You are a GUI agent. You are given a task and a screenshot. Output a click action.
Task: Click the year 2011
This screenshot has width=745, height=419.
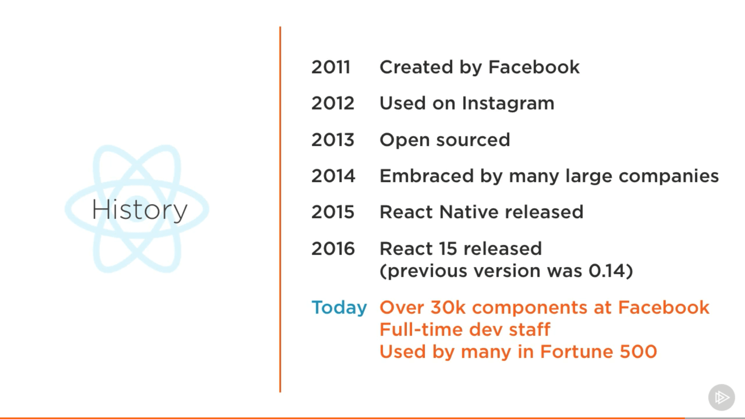point(331,67)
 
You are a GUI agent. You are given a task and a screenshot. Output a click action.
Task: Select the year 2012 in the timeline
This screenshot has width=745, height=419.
point(333,103)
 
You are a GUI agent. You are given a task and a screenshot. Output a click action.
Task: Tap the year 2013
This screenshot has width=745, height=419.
point(333,140)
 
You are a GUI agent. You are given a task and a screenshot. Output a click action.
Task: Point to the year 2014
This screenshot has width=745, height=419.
point(333,176)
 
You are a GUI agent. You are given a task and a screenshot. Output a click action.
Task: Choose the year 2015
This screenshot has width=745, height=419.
point(333,212)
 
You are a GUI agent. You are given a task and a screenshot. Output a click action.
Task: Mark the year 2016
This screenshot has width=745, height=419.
point(333,249)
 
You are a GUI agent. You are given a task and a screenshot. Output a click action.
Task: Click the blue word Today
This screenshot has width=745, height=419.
point(339,308)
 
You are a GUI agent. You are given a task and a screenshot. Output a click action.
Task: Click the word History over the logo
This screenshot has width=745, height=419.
point(139,210)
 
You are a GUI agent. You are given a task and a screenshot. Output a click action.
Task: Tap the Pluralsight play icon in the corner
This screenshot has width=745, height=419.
point(721,397)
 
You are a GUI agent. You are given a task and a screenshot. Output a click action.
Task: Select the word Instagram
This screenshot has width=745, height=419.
point(508,104)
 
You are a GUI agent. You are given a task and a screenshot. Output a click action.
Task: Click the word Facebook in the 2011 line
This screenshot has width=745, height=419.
point(534,67)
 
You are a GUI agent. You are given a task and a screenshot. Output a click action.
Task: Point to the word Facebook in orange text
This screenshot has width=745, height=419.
point(664,308)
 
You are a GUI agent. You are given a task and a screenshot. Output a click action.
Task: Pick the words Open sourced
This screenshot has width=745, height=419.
point(445,140)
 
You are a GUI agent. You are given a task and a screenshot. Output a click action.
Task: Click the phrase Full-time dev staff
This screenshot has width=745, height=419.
point(464,330)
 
